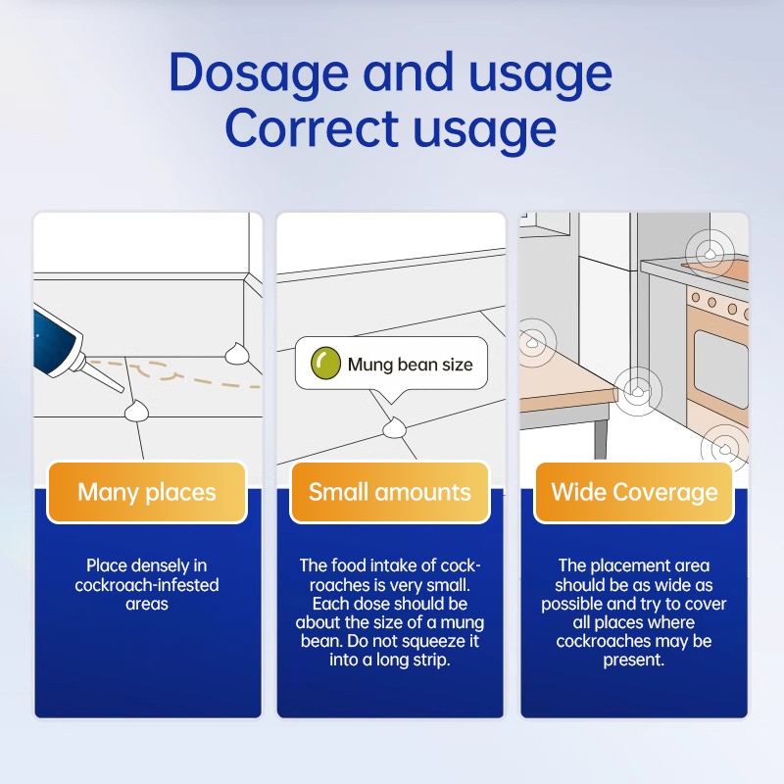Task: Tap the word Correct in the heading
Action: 313,127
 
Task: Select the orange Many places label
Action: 147,492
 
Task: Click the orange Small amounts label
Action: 389,492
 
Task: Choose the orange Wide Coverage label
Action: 634,492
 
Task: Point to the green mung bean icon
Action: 325,363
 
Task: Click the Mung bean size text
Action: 410,365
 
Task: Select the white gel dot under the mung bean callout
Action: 395,428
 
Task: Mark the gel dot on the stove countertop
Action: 710,255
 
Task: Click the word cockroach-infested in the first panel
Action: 147,584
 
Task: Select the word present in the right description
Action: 633,660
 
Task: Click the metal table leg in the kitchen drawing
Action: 600,437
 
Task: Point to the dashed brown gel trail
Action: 175,372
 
